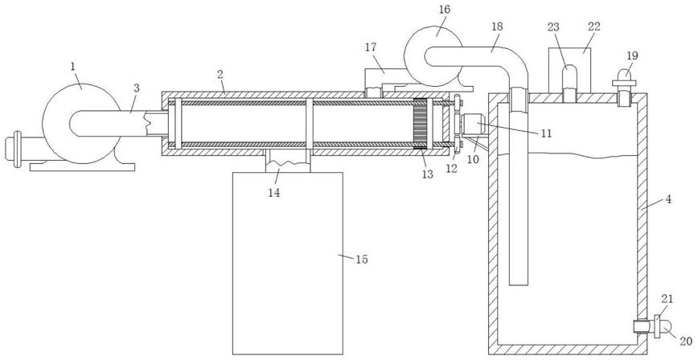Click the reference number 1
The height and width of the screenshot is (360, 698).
click(72, 67)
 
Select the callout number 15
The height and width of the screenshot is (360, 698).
click(362, 260)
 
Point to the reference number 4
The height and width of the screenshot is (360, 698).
click(667, 199)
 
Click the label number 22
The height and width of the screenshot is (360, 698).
click(593, 27)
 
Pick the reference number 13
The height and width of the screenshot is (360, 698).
click(427, 175)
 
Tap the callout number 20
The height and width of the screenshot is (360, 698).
click(687, 341)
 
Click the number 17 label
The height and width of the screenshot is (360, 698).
click(371, 47)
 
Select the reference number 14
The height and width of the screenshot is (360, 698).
click(274, 193)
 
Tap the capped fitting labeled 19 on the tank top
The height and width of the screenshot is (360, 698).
click(624, 88)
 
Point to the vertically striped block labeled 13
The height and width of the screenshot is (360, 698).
click(421, 123)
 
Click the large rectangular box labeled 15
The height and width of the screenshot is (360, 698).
click(288, 264)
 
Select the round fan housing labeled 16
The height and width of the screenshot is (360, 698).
click(434, 55)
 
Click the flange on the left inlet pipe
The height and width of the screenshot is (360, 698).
click(18, 149)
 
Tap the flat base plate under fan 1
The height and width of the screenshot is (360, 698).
click(82, 167)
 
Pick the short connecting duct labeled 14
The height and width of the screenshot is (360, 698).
click(288, 161)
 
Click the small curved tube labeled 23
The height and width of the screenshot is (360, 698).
click(569, 84)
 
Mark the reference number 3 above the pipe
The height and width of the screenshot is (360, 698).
click(136, 88)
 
